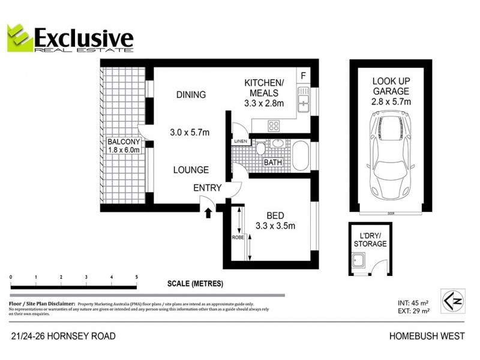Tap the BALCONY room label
point(124,142)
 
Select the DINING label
point(191,94)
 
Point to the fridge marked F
point(304,76)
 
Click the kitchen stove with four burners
point(274,126)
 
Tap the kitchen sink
point(303,100)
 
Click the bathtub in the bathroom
point(300,156)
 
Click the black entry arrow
point(209,211)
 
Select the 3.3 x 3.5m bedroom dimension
point(275,226)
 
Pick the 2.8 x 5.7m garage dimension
point(391,101)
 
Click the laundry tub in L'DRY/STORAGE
point(359,262)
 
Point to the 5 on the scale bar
point(137,277)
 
